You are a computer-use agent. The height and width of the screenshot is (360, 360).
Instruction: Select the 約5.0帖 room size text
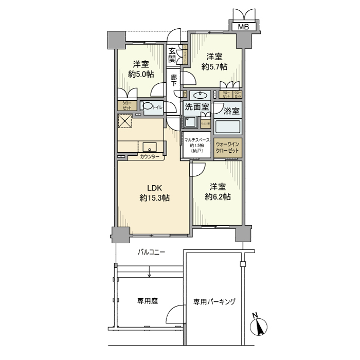tap(140, 74)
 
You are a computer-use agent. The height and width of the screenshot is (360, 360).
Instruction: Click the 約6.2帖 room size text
tap(217, 196)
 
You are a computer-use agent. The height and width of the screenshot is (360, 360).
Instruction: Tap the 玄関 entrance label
tap(172, 55)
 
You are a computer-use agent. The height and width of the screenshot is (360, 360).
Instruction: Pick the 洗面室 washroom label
tap(197, 108)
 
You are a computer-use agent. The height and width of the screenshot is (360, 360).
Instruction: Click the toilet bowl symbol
tap(148, 107)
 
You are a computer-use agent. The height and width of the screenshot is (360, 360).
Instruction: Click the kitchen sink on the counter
tap(150, 146)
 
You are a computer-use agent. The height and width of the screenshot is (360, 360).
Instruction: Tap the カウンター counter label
tap(149, 156)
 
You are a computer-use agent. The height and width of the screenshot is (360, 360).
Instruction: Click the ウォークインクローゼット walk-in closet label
tap(227, 148)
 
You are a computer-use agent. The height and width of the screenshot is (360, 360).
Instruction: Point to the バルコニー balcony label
tap(151, 253)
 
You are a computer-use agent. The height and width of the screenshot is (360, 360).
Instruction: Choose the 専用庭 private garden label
tap(147, 301)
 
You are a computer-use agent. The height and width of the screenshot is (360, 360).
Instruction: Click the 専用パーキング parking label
tap(214, 301)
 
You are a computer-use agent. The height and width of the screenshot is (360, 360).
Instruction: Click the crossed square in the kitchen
tap(125, 122)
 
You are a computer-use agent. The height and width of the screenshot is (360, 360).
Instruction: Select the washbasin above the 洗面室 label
tap(200, 95)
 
